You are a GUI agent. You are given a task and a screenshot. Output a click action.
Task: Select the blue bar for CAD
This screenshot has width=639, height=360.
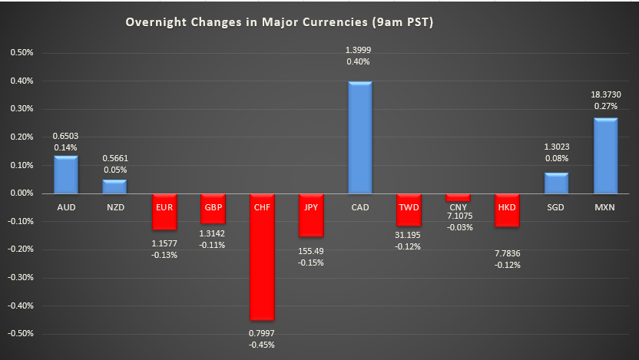pos(359,137)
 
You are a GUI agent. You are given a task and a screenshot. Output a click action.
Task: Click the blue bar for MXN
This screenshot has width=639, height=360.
pos(605,156)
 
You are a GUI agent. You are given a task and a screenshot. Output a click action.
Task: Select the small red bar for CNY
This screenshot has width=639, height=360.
pos(457,198)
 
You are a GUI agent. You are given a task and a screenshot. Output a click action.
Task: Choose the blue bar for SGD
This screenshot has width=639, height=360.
pos(556,183)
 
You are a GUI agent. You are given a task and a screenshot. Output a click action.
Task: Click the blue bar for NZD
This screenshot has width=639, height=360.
pos(114,187)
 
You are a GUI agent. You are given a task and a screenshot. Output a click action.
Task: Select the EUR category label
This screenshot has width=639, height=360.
pos(164,206)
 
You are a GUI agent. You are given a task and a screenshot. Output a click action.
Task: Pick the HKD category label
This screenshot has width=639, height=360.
pos(507,206)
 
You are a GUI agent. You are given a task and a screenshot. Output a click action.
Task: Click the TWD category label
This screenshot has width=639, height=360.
pos(409,206)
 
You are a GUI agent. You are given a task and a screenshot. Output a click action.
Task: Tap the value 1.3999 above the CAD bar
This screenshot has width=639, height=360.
pos(359,50)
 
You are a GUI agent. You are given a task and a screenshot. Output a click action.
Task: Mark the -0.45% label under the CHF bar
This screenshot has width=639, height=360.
pos(261,344)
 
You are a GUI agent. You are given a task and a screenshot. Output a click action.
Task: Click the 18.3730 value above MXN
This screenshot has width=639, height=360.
pos(605,94)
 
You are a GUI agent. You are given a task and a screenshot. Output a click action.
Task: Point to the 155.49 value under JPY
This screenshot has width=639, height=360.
pos(310,250)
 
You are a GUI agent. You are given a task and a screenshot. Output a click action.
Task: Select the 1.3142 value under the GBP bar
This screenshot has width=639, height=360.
pos(213,235)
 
